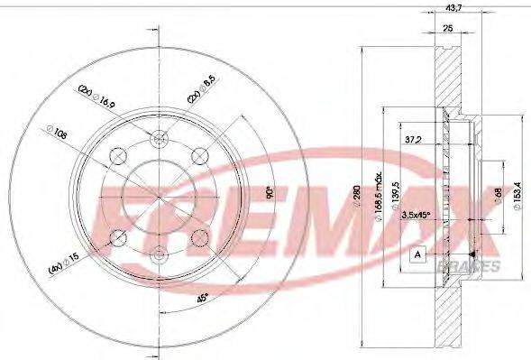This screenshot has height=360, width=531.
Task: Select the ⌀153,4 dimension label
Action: point(514,192)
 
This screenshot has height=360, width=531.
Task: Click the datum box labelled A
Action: point(417,254)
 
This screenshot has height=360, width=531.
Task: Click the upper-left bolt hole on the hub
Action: point(116,159)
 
